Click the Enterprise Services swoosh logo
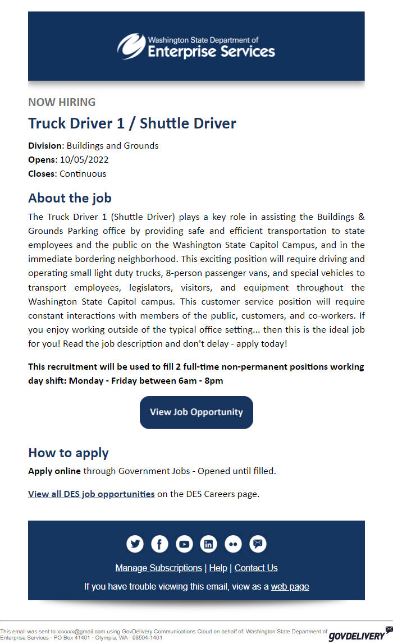[x=131, y=46]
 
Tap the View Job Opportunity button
[x=196, y=412]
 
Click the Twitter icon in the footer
[x=135, y=544]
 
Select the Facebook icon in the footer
[x=159, y=544]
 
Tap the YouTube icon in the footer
[x=184, y=544]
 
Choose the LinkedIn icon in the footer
[x=209, y=544]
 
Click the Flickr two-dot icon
[x=234, y=544]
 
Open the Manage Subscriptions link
[x=158, y=568]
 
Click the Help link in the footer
[x=218, y=568]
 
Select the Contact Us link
[x=256, y=568]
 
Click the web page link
[x=290, y=586]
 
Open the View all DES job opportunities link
[x=92, y=494]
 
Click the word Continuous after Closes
[x=83, y=174]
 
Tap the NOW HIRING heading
[x=62, y=102]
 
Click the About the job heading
[x=70, y=198]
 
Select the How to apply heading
[x=68, y=453]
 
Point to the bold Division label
[x=45, y=146]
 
